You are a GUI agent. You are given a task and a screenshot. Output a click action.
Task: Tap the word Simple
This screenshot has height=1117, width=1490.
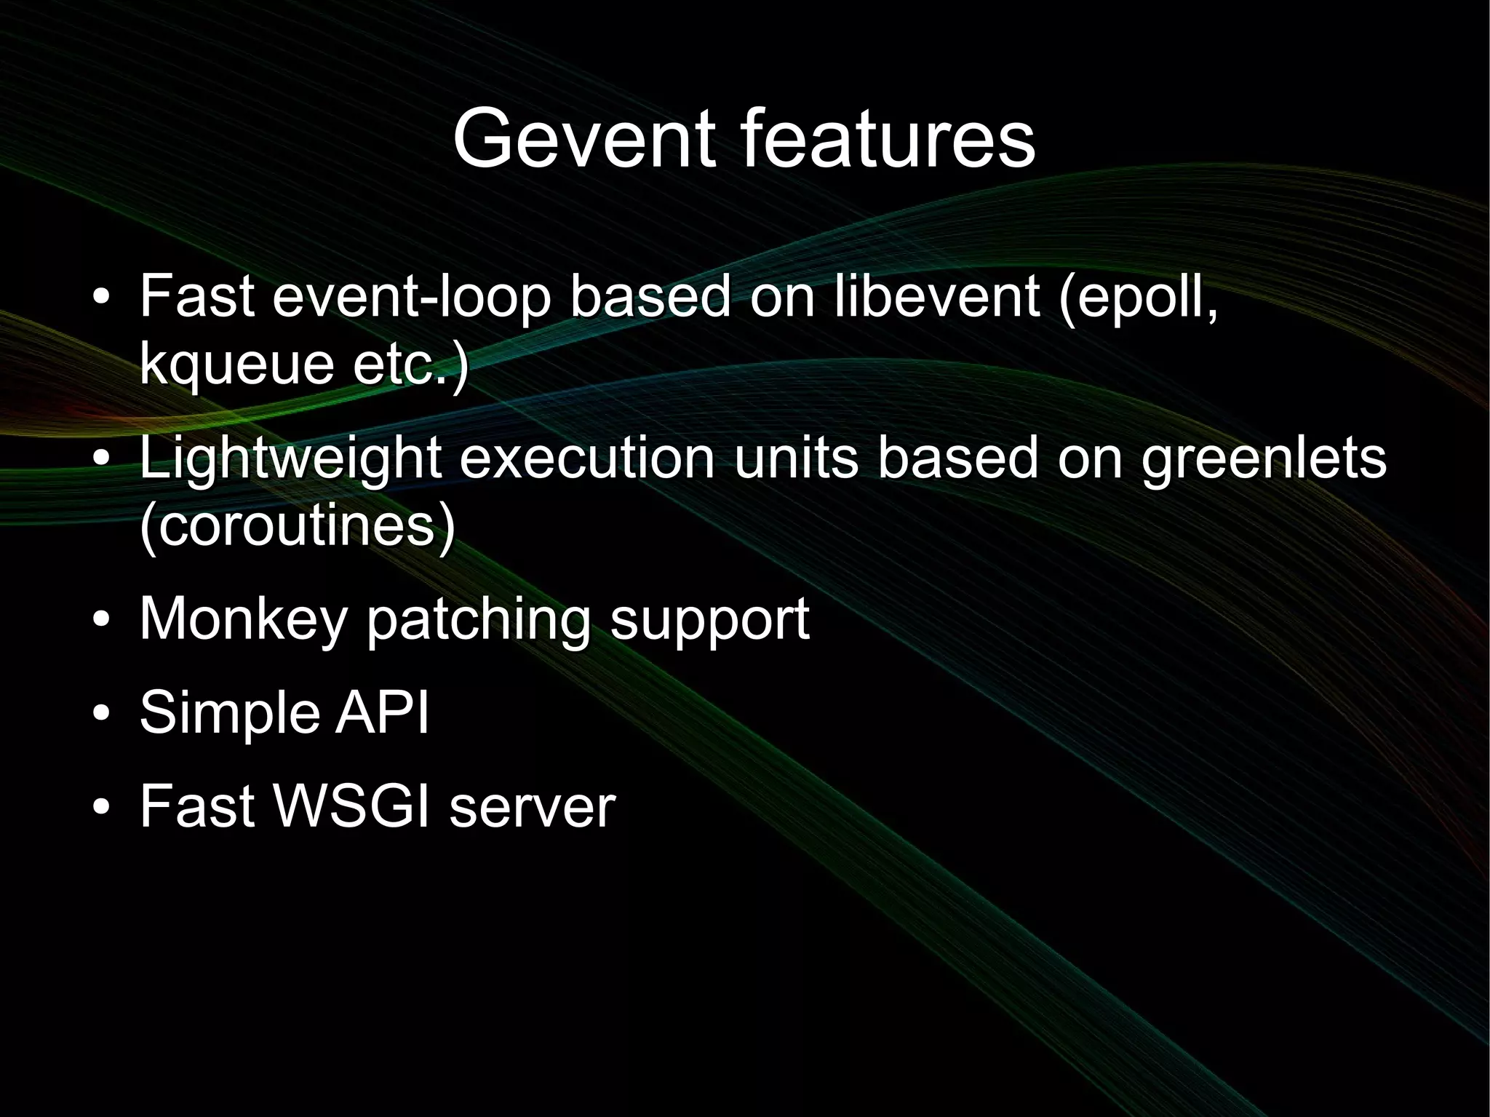click(x=228, y=713)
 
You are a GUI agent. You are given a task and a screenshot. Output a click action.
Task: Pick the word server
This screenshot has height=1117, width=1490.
click(x=532, y=808)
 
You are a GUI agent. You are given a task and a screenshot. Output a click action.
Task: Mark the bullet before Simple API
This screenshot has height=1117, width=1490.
click(x=102, y=713)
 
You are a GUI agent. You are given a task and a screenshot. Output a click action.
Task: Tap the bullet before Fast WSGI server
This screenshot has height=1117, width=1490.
click(x=102, y=807)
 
